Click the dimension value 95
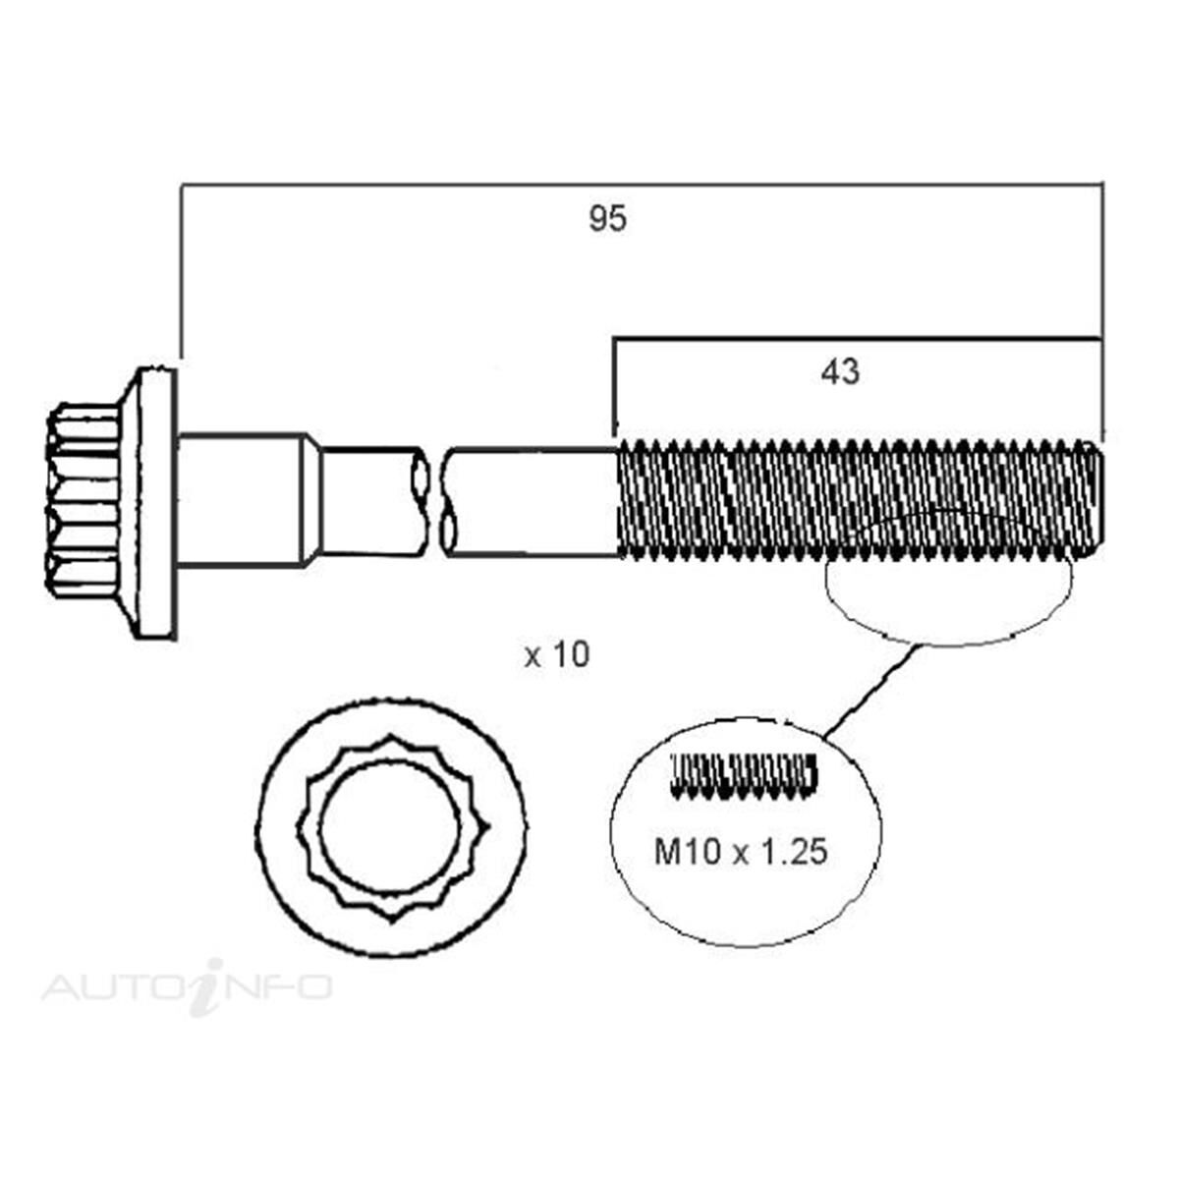pos(607,219)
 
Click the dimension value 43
pos(839,371)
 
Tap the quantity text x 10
pos(557,654)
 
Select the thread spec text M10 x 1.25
pos(741,851)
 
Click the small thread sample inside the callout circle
pos(743,774)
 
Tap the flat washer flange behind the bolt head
pos(156,501)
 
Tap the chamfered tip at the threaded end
pos(1097,501)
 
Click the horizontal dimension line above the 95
pos(639,183)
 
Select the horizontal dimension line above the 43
pos(855,339)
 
